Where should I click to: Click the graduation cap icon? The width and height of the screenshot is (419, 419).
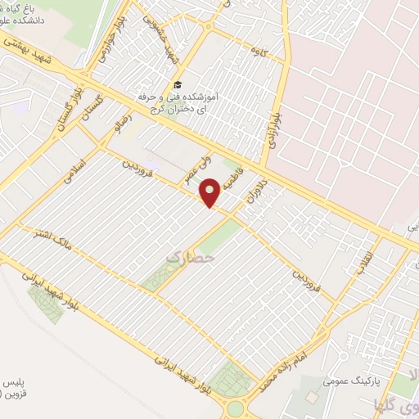point(178,85)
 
